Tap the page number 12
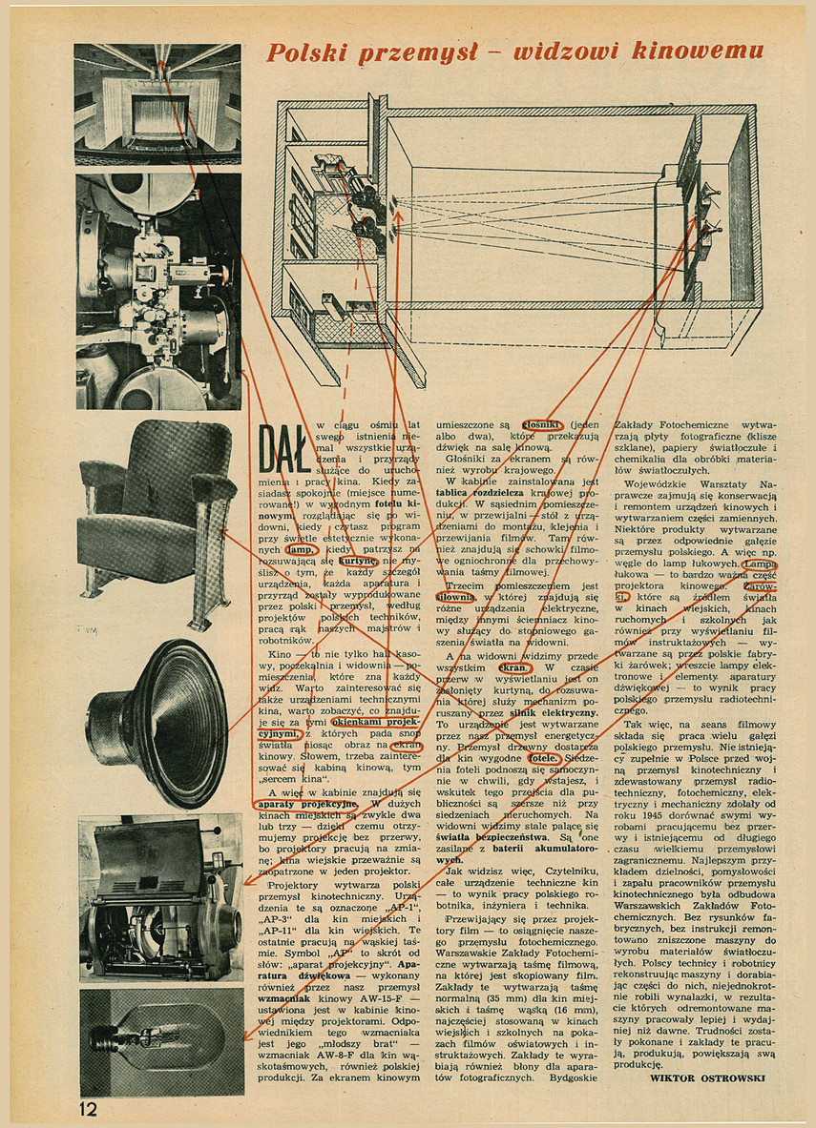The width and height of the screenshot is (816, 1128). tap(88, 1108)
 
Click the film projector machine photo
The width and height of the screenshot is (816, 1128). tap(157, 291)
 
